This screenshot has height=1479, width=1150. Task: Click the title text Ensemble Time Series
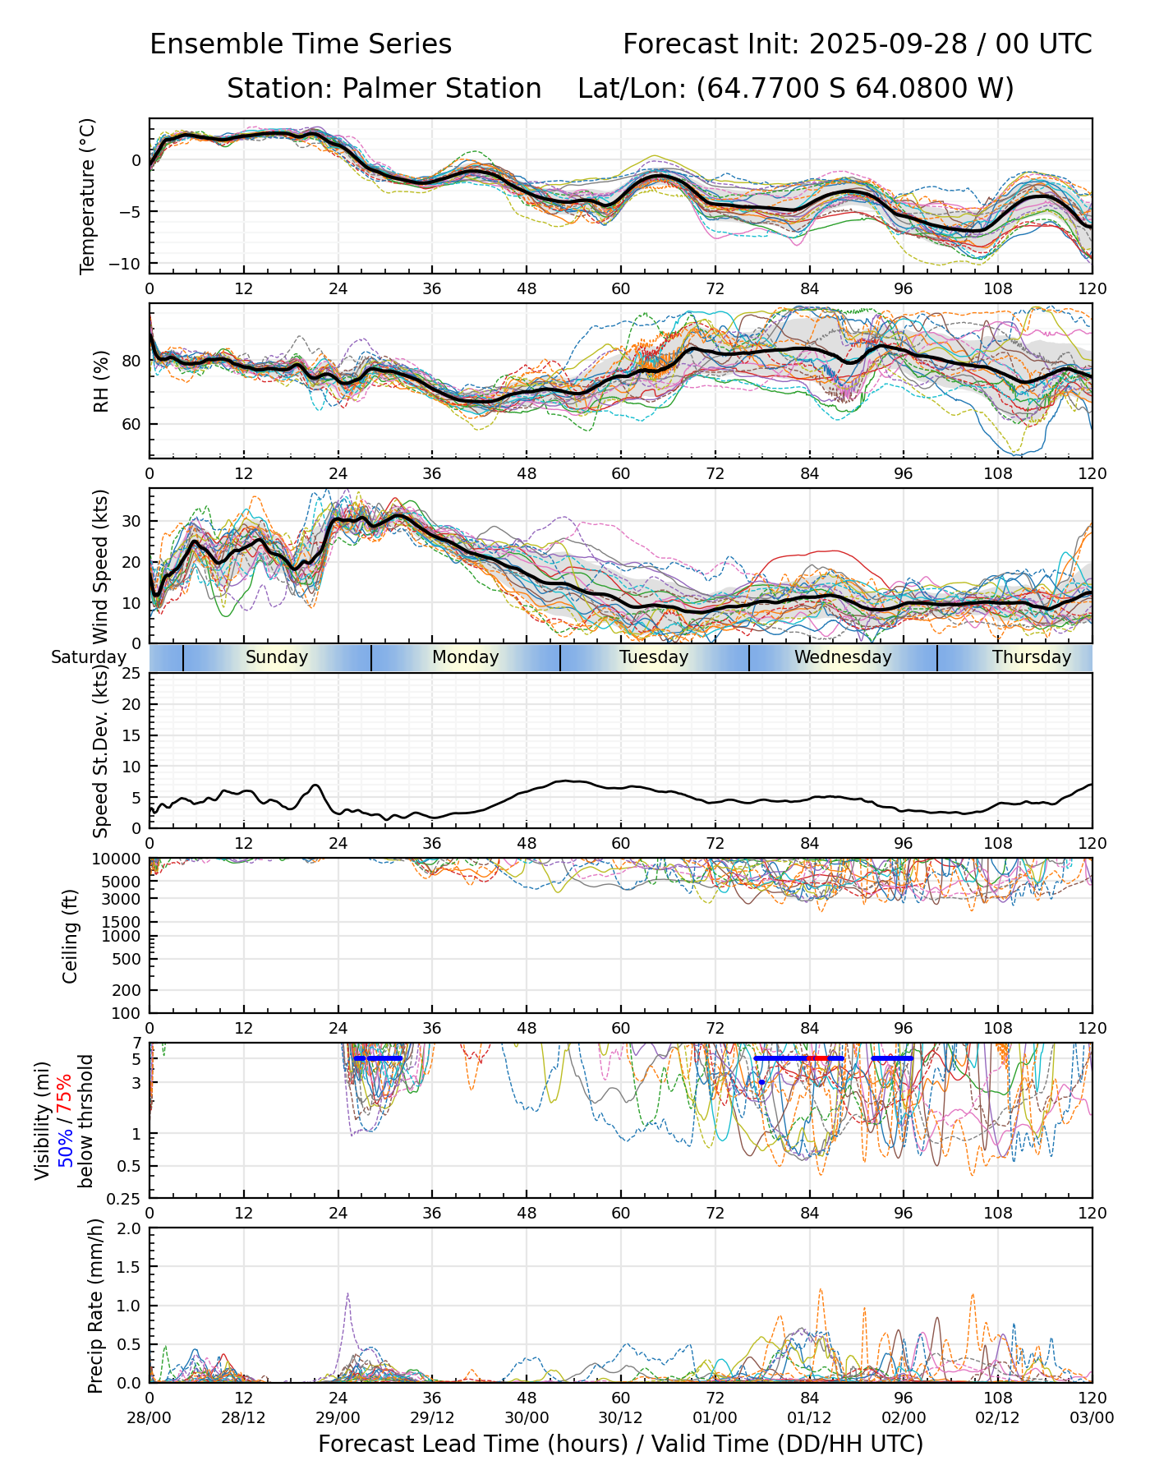pyautogui.click(x=301, y=44)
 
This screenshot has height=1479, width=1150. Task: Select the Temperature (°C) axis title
pyautogui.click(x=88, y=196)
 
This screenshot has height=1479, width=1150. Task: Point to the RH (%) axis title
pyautogui.click(x=101, y=381)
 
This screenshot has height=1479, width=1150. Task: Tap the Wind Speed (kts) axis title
pyautogui.click(x=101, y=566)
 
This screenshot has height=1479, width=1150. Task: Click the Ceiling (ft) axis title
pyautogui.click(x=71, y=936)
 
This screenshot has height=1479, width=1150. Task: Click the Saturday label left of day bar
pyautogui.click(x=89, y=657)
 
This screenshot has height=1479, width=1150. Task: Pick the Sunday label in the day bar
pyautogui.click(x=277, y=657)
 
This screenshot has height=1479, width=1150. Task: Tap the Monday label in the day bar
pyautogui.click(x=466, y=657)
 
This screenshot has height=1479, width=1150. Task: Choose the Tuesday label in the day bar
pyautogui.click(x=654, y=657)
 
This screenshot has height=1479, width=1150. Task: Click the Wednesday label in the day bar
pyautogui.click(x=843, y=657)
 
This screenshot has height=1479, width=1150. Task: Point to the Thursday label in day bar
pyautogui.click(x=1032, y=657)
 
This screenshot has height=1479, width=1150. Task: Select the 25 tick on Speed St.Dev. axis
pyautogui.click(x=132, y=674)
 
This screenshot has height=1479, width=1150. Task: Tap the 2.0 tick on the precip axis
pyautogui.click(x=130, y=1228)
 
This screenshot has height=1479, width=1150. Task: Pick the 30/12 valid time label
pyautogui.click(x=621, y=1418)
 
